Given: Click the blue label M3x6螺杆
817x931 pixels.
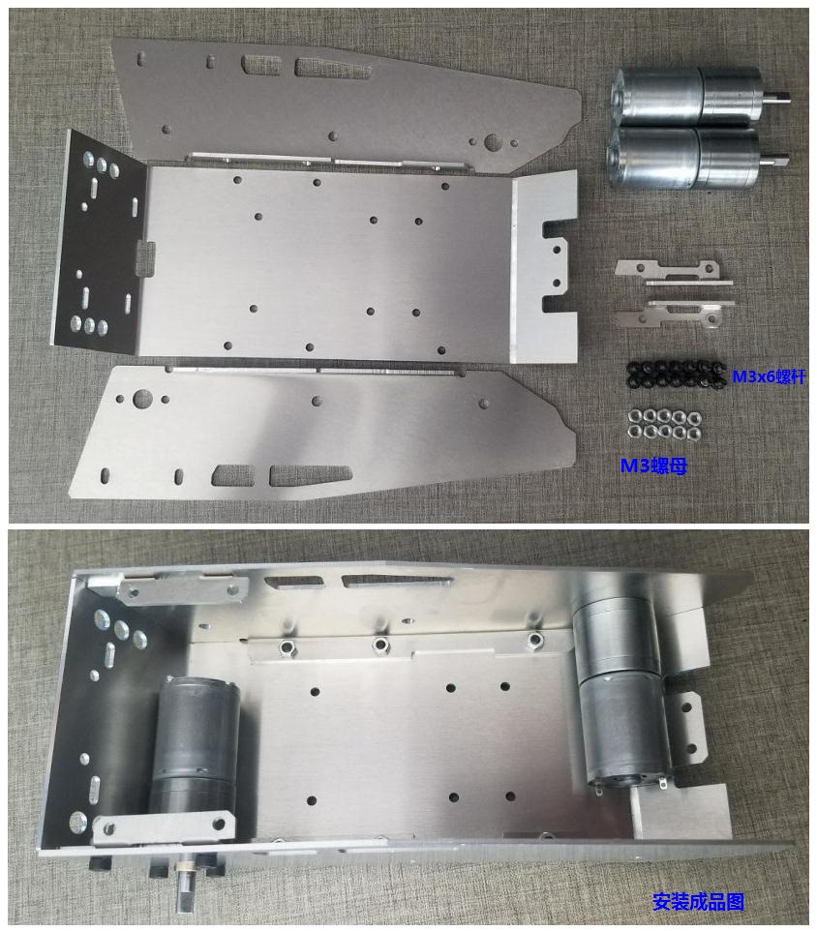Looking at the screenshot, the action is [769, 376].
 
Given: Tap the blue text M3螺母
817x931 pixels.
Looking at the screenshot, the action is [653, 466].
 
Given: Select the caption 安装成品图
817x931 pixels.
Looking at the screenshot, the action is [698, 901].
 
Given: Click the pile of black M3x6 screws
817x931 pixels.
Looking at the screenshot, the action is [677, 375].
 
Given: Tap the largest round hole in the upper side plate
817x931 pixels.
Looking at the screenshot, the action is [492, 142].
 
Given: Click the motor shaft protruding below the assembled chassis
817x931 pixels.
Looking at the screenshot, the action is [184, 887].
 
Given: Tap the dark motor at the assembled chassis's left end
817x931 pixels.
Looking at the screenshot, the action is [195, 756].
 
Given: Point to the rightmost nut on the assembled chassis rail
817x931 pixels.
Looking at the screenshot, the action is [535, 639].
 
